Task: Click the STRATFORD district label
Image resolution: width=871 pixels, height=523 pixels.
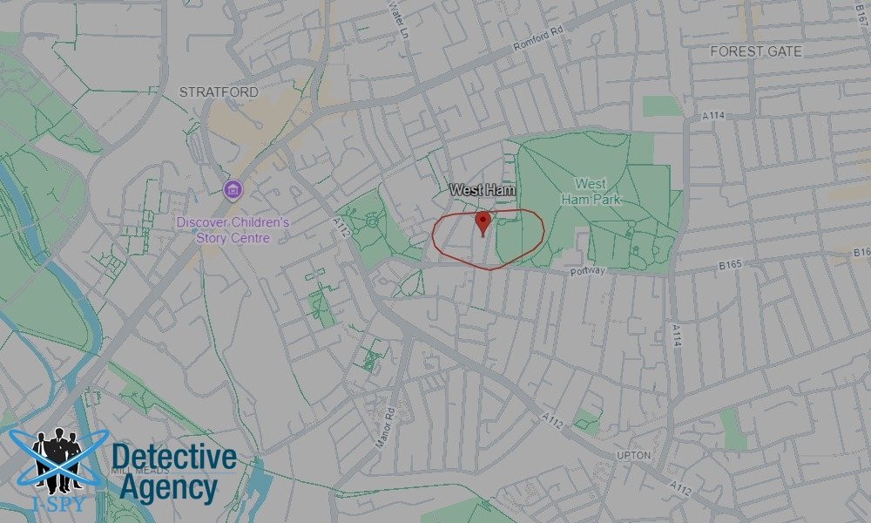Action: [219, 92]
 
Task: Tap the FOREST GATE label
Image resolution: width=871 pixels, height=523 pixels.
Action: [755, 51]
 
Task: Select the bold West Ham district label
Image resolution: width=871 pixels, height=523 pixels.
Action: [483, 189]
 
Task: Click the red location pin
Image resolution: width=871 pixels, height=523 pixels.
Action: [483, 221]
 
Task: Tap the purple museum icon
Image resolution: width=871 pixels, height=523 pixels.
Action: [232, 190]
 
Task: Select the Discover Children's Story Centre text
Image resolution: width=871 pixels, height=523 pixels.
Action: [233, 230]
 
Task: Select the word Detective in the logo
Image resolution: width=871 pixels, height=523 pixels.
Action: [174, 458]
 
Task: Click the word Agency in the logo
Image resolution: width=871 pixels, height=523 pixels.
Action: [168, 487]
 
